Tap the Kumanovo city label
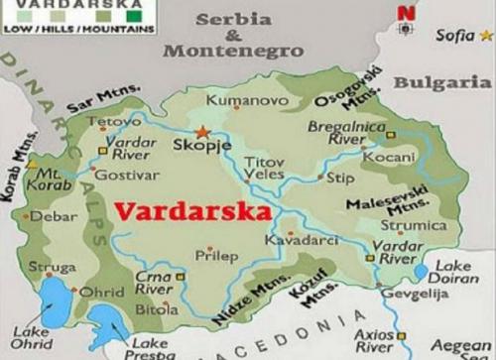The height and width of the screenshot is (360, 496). coord(238,100)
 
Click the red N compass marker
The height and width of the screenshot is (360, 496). coord(404,13)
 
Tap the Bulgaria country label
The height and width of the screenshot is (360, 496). coord(441,82)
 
